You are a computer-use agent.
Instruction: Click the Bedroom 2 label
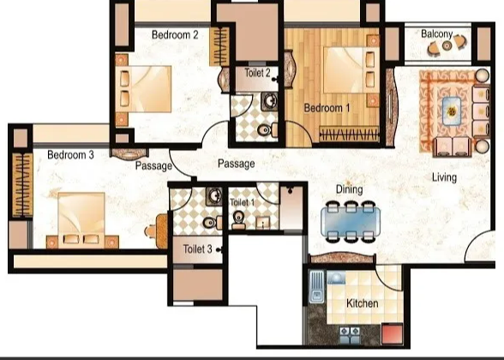coord(175,35)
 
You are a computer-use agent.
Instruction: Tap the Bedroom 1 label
coord(328,108)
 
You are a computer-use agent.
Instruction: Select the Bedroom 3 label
coord(70,155)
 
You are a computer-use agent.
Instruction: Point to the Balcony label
coord(437,33)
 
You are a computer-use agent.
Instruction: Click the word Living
coord(444,177)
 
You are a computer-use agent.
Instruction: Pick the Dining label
coord(349,189)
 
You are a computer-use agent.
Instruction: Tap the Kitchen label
coord(363,303)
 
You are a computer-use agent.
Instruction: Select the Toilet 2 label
coord(258,74)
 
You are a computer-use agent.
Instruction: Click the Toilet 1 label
coord(243,202)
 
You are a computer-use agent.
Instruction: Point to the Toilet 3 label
coord(198,249)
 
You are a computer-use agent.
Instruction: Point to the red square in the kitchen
coord(393,333)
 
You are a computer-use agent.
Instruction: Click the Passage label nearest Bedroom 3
coord(154,166)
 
